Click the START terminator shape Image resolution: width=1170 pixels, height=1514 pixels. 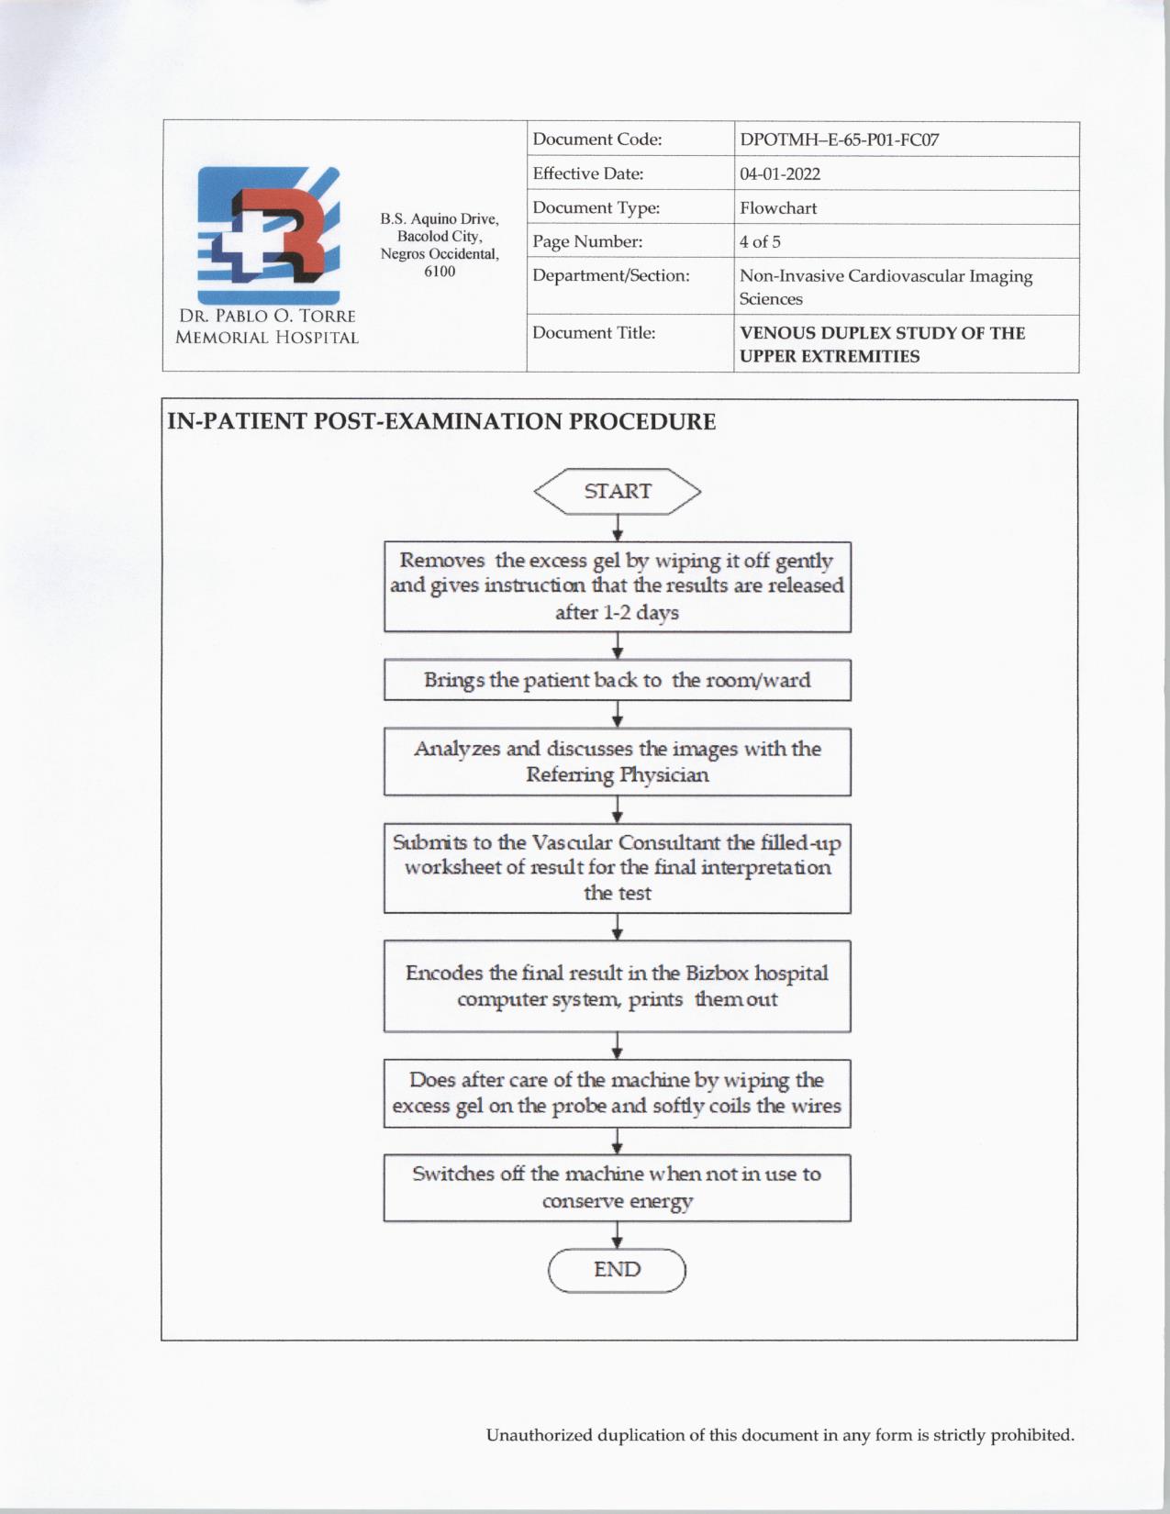click(617, 492)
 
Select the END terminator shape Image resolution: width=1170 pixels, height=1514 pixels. click(617, 1270)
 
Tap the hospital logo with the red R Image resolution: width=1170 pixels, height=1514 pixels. click(268, 236)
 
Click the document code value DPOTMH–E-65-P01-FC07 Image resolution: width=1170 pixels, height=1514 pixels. click(839, 140)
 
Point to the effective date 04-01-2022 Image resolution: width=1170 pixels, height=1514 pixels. click(780, 174)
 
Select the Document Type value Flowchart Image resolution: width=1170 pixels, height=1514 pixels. click(778, 208)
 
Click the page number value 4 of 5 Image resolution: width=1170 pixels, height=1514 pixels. click(760, 242)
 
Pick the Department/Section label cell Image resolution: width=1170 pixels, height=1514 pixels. click(611, 276)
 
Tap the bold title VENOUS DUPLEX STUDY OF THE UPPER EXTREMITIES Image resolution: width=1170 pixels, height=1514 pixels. click(882, 344)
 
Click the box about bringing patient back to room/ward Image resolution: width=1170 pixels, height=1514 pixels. click(617, 680)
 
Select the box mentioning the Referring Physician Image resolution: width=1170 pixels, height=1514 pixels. click(617, 762)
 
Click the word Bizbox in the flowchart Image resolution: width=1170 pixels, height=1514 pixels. click(717, 974)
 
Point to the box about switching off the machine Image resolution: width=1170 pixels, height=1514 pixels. click(617, 1187)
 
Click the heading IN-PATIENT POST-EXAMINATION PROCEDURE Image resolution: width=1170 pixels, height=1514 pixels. click(441, 422)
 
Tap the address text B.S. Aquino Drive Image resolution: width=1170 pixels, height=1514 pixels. click(440, 219)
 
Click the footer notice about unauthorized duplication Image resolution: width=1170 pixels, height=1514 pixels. click(780, 1435)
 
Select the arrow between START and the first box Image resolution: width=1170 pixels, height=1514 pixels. click(618, 529)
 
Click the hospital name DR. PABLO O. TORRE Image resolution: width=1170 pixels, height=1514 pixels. click(267, 316)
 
